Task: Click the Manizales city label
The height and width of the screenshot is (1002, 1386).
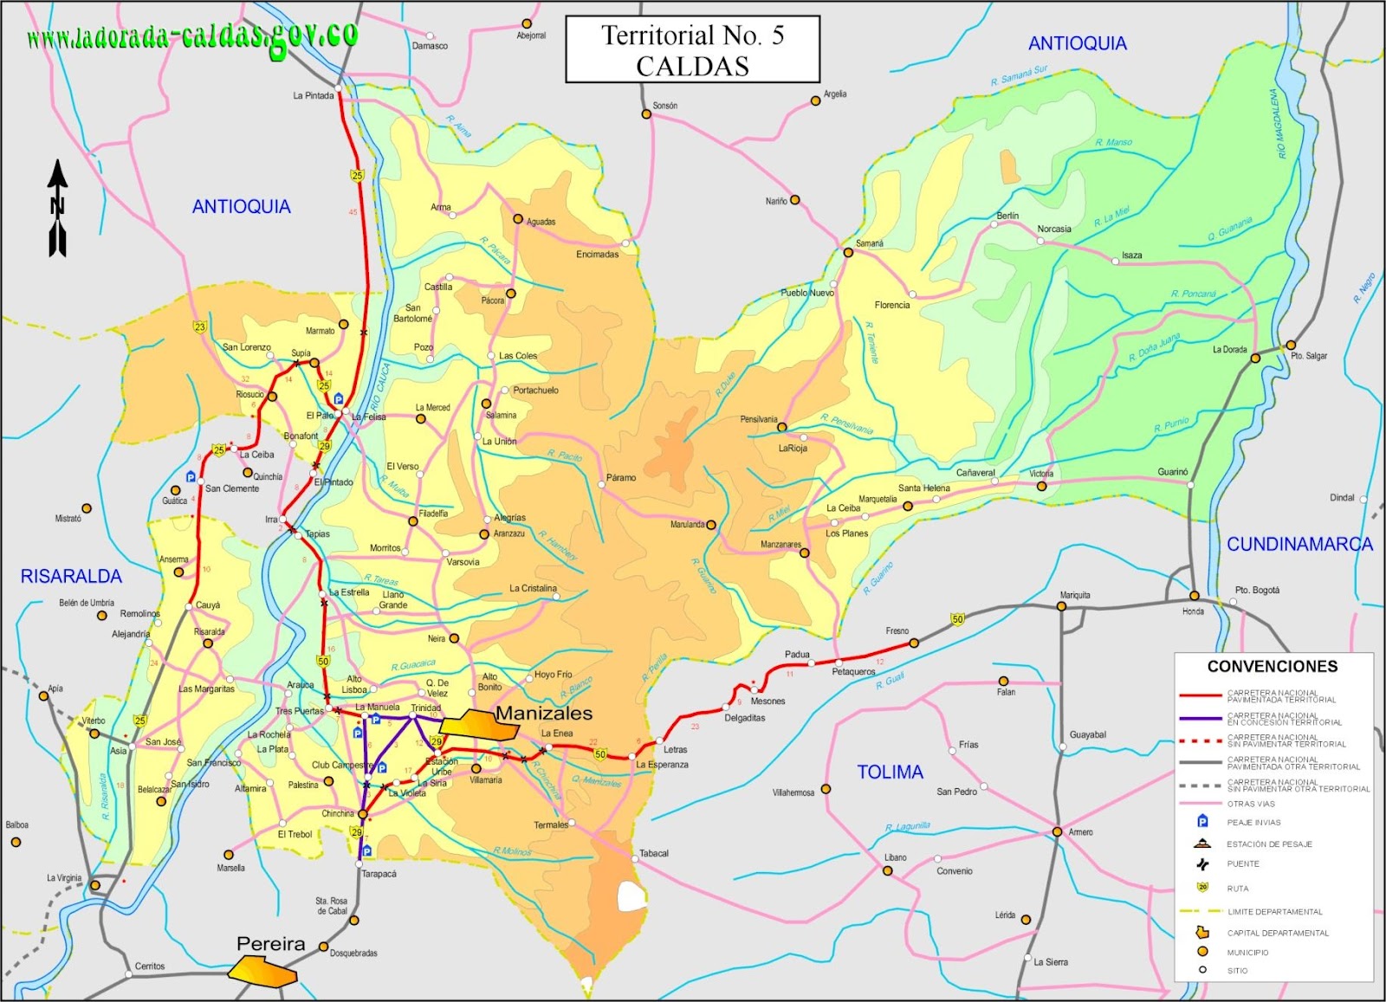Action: click(544, 714)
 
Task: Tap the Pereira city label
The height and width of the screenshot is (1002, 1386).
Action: click(270, 944)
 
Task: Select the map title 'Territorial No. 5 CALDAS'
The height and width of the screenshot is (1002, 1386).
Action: click(692, 49)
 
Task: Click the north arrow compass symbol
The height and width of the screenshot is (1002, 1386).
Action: click(57, 208)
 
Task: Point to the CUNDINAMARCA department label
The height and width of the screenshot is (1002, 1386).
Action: click(1299, 544)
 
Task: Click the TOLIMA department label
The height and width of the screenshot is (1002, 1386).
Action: click(890, 772)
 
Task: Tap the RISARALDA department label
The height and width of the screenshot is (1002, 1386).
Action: click(71, 576)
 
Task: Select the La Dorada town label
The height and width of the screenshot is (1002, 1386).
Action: click(1229, 350)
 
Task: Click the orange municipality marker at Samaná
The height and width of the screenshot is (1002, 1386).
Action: click(848, 253)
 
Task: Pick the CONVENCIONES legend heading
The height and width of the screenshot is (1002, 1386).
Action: click(1273, 666)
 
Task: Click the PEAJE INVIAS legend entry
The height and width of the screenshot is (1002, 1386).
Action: click(1253, 823)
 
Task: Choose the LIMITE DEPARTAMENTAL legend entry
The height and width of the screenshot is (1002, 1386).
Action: click(1274, 912)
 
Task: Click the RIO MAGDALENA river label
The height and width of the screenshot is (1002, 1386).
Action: click(1278, 123)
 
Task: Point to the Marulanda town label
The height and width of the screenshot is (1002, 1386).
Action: click(687, 525)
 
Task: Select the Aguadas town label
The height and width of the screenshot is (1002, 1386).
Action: click(541, 222)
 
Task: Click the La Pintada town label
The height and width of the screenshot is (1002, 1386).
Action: click(313, 95)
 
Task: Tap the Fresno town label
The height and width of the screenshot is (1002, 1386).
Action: click(897, 630)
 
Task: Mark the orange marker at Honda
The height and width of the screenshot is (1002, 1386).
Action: click(1194, 596)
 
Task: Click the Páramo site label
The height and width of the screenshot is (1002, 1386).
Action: click(620, 477)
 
